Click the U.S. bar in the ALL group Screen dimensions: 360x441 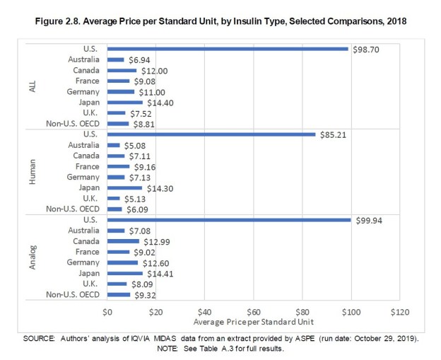coord(228,49)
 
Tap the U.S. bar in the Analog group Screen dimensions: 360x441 coord(229,220)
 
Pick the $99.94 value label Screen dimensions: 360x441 coord(367,220)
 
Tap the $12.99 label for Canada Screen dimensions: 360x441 coord(155,241)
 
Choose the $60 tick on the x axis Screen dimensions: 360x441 coord(254,310)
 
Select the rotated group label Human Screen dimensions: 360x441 coord(33,172)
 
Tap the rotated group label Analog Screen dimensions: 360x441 coord(33,257)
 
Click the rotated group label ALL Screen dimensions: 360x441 coord(33,86)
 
